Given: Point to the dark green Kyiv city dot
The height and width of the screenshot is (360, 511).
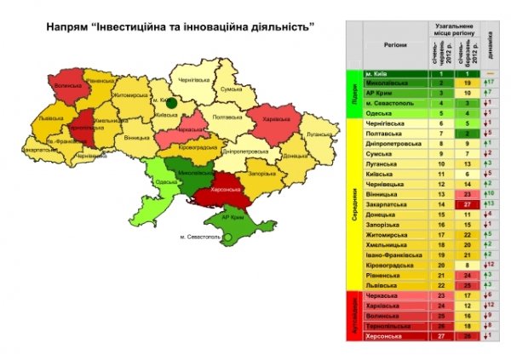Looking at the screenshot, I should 171,102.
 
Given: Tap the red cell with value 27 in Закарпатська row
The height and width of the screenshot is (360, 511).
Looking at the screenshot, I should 467,205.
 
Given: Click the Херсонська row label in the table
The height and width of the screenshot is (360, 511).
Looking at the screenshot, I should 385,336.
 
